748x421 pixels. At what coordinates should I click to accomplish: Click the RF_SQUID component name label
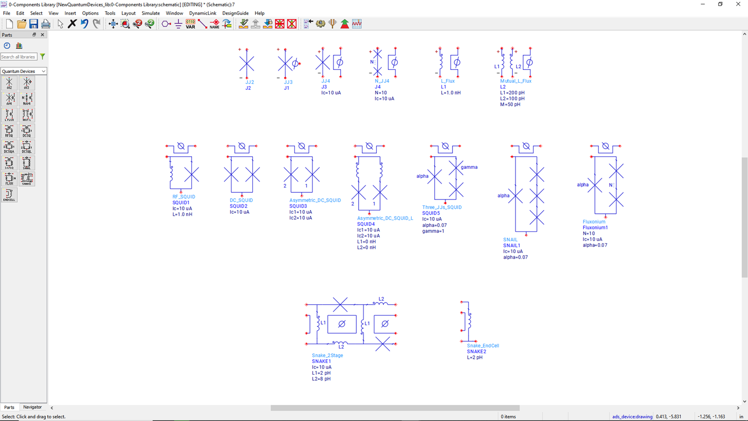pos(184,197)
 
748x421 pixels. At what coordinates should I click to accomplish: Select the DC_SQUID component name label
pos(241,200)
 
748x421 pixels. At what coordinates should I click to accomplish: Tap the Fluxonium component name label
pos(594,222)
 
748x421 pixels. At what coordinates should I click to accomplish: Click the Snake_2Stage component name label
pos(327,356)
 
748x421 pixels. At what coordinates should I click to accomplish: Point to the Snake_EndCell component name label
pos(483,346)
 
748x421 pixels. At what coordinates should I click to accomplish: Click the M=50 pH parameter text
pos(510,104)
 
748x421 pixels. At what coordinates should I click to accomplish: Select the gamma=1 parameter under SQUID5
pos(433,231)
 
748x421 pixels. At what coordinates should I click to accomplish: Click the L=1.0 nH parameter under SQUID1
pos(182,214)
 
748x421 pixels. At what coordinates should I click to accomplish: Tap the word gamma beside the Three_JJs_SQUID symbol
pos(469,167)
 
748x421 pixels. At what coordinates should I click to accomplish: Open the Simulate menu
pos(151,13)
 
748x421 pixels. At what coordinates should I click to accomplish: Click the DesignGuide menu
pos(235,13)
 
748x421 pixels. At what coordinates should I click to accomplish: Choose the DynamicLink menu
pos(202,13)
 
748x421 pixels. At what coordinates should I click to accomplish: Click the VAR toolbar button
pos(190,24)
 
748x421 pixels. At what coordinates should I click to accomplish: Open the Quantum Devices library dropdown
pos(23,71)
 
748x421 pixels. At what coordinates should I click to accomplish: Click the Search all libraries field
pos(19,57)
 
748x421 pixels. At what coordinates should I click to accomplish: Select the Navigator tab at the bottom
pos(32,407)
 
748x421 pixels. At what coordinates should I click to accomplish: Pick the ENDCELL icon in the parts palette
pos(9,195)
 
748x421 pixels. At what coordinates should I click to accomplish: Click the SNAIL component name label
pos(510,240)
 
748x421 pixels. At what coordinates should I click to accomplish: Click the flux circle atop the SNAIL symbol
pos(526,146)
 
